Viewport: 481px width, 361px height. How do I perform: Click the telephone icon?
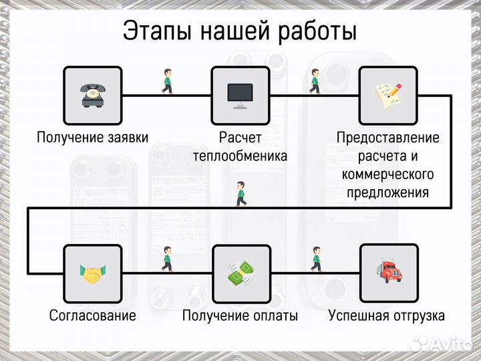pyautogui.click(x=92, y=95)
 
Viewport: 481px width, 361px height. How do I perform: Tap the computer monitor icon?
pyautogui.click(x=240, y=95)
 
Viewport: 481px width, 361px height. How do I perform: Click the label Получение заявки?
pyautogui.click(x=92, y=138)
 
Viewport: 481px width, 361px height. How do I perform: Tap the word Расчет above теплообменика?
pyautogui.click(x=240, y=138)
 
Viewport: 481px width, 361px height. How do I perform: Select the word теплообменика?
pyautogui.click(x=240, y=156)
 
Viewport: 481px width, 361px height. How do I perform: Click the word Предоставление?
pyautogui.click(x=388, y=138)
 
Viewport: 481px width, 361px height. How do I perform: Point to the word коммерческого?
pyautogui.click(x=388, y=174)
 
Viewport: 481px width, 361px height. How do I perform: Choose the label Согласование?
pyautogui.click(x=92, y=316)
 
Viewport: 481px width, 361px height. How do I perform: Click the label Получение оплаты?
pyautogui.click(x=240, y=316)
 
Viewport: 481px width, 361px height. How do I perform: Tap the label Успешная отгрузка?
pyautogui.click(x=387, y=316)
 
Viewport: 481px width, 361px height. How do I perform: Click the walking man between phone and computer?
pyautogui.click(x=167, y=82)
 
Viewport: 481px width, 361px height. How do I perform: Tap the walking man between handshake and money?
pyautogui.click(x=167, y=259)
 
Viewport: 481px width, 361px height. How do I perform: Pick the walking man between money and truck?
pyautogui.click(x=315, y=259)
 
